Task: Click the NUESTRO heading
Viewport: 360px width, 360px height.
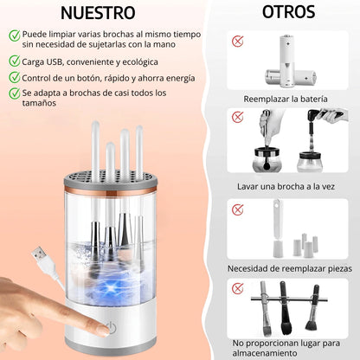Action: [98, 13]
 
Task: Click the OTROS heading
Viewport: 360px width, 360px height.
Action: [288, 12]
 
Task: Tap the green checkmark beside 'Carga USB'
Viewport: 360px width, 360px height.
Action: [14, 61]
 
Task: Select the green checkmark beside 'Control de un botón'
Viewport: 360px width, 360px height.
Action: [14, 77]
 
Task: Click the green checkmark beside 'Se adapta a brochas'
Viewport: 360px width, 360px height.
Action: [14, 93]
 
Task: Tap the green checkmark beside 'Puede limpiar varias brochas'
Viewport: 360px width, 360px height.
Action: [14, 35]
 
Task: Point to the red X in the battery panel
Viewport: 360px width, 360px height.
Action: [238, 42]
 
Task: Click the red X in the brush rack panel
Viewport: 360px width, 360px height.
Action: [238, 288]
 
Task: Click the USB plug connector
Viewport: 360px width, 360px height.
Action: [40, 254]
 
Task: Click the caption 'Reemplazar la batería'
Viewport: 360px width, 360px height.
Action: [286, 99]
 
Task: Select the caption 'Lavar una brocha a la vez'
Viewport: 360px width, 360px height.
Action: [286, 186]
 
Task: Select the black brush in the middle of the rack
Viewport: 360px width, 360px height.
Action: [285, 308]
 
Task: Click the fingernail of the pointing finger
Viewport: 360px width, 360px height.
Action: [103, 329]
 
